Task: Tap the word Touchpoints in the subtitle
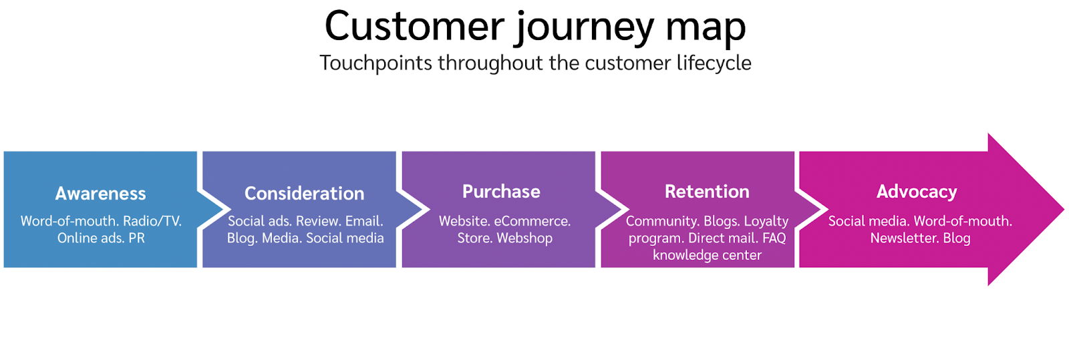[375, 63]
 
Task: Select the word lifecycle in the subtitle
[714, 63]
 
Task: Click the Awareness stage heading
[100, 194]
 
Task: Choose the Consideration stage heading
[304, 194]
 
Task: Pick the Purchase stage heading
[501, 192]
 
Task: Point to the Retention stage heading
[707, 192]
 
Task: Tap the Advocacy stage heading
[917, 192]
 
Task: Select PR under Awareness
[136, 238]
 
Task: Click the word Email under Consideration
[364, 221]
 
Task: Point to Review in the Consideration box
[318, 221]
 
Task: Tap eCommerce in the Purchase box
[532, 221]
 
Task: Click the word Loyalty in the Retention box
[766, 222]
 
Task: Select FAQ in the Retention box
[774, 238]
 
